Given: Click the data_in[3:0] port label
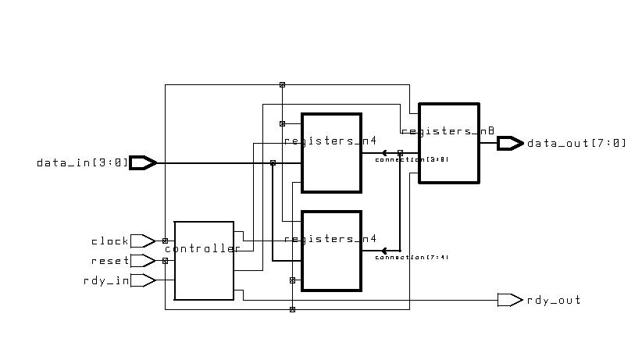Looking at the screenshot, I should coord(81,163).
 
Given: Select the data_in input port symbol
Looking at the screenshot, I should coord(143,162).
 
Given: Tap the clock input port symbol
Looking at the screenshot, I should coord(142,241).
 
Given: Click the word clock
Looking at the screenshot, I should coord(109,241).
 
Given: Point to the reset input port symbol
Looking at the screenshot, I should coord(142,261).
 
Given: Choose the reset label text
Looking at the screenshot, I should coord(109,262).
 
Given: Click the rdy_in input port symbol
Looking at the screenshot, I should coord(142,280).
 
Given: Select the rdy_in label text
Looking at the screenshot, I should coord(106,281).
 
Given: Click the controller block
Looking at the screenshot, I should coord(204,260).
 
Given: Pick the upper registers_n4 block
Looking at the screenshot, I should coord(331,153).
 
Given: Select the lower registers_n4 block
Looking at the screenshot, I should coord(331,251).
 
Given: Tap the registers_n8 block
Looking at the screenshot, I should coord(448,142).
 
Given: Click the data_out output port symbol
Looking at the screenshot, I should coord(510,143).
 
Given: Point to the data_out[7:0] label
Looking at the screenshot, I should coord(576,144).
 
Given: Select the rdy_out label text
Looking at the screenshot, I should coord(554,301).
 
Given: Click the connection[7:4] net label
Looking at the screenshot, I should coord(412,257).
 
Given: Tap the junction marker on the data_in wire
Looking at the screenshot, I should coord(273,162).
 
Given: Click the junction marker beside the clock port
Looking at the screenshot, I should coord(165,241).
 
